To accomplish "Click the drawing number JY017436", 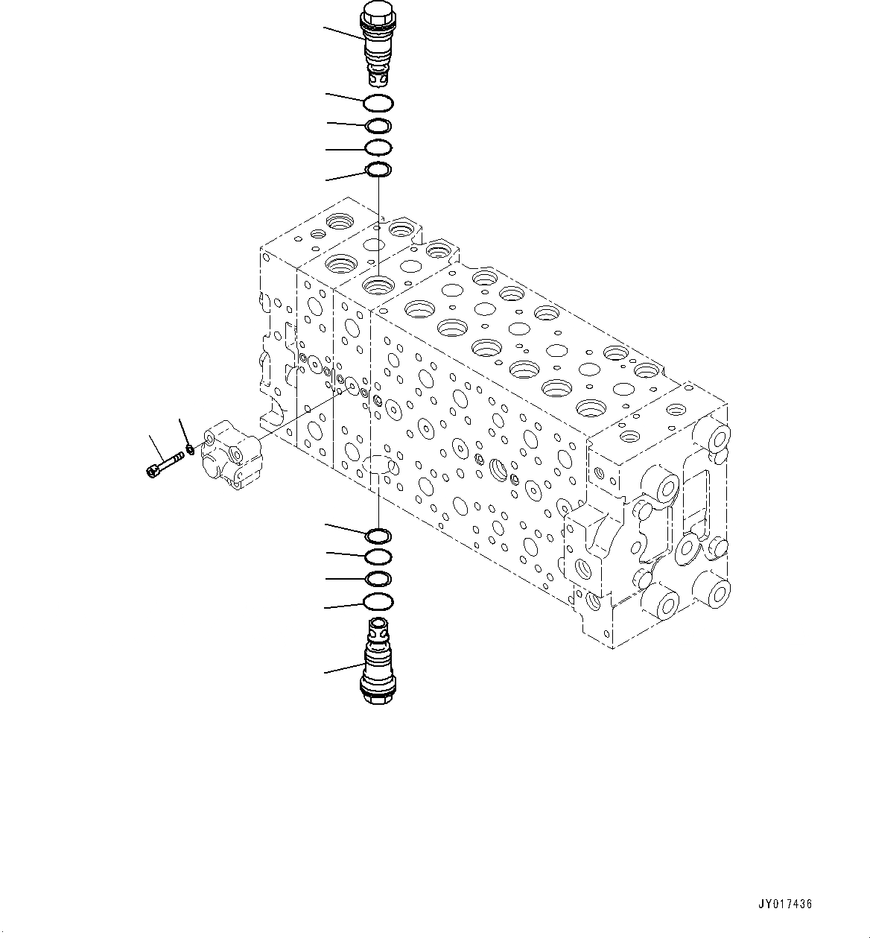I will click(x=785, y=904).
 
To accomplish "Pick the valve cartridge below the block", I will click(x=378, y=662).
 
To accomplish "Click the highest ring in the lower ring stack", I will click(x=378, y=535).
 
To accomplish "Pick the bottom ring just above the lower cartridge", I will click(x=378, y=601).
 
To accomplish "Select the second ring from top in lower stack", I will click(x=378, y=557).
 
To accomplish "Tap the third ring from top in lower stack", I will click(x=378, y=579).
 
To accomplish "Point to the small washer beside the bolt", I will click(x=191, y=449).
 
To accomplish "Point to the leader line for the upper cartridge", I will click(x=343, y=34).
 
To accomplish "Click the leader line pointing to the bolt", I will click(x=156, y=447).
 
